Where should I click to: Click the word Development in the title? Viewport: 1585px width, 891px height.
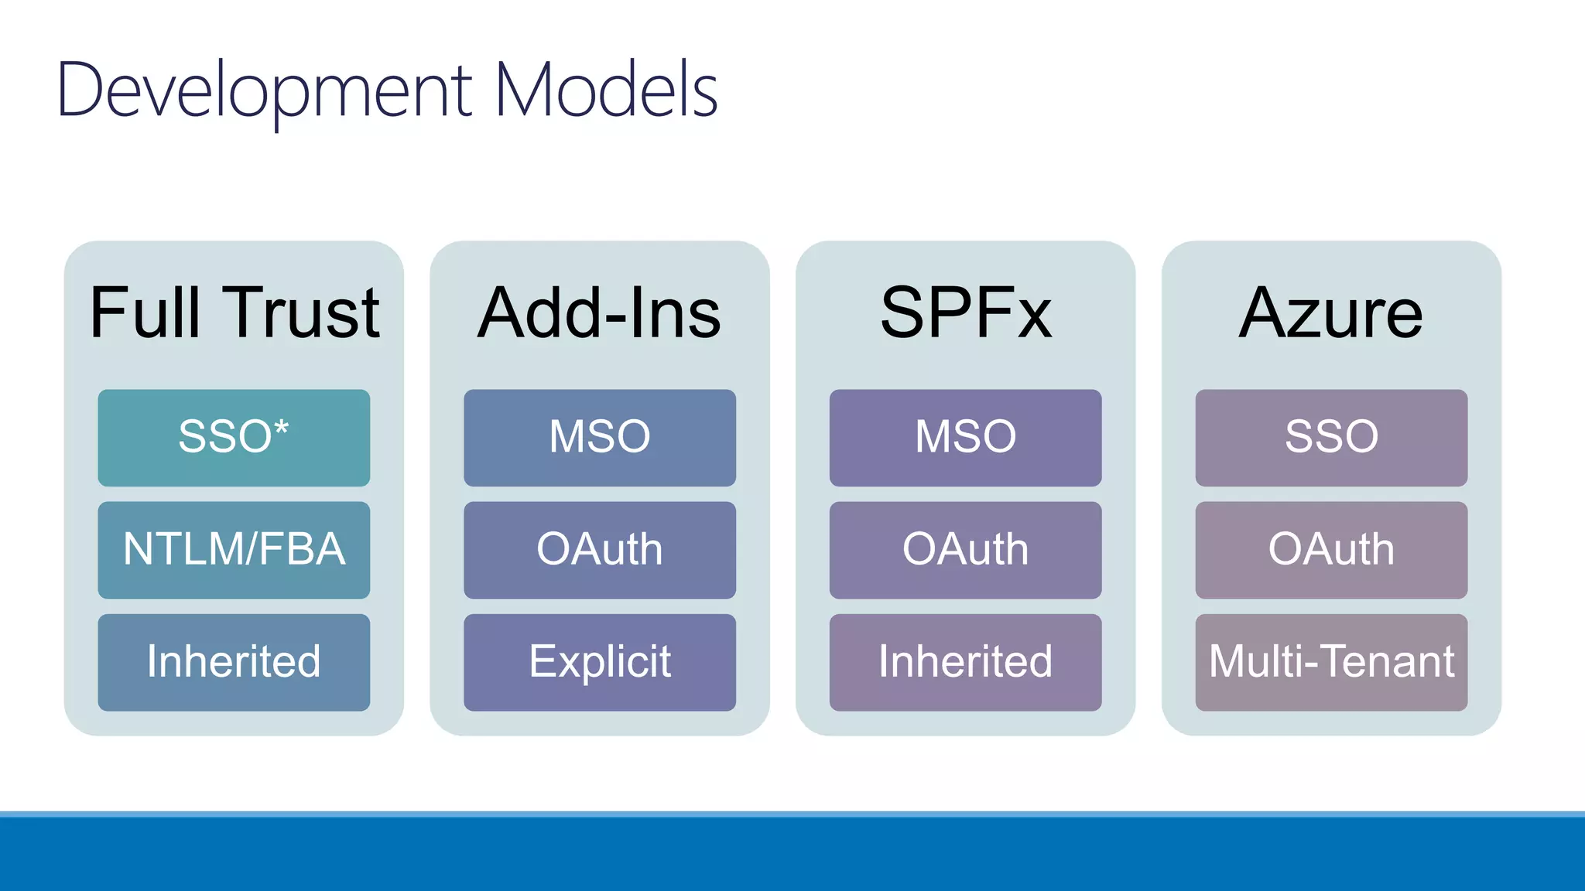click(x=263, y=91)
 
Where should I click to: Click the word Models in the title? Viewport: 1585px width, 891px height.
click(x=606, y=91)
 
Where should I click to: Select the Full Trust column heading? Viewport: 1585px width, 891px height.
click(x=234, y=312)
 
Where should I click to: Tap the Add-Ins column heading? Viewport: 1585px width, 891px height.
click(x=599, y=312)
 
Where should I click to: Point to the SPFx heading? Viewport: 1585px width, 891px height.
click(x=965, y=312)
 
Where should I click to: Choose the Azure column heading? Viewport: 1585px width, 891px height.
click(x=1330, y=312)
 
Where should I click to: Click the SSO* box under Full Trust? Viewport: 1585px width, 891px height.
click(x=234, y=438)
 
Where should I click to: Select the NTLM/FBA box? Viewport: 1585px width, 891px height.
click(x=234, y=550)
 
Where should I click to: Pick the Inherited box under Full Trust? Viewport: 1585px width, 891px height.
click(x=234, y=662)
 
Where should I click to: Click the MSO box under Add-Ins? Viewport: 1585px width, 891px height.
click(x=599, y=438)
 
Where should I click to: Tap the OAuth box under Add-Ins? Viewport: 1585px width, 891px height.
click(x=599, y=550)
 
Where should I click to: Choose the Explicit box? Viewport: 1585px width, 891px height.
click(x=599, y=662)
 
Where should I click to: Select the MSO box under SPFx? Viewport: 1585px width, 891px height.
click(x=965, y=438)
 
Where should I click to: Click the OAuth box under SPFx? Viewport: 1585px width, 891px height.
click(x=965, y=550)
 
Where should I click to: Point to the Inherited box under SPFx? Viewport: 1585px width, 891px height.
click(x=965, y=662)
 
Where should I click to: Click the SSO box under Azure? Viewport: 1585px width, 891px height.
click(x=1330, y=438)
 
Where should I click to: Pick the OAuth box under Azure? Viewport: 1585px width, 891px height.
click(x=1330, y=550)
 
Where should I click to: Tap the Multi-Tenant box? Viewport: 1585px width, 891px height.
click(x=1330, y=662)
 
